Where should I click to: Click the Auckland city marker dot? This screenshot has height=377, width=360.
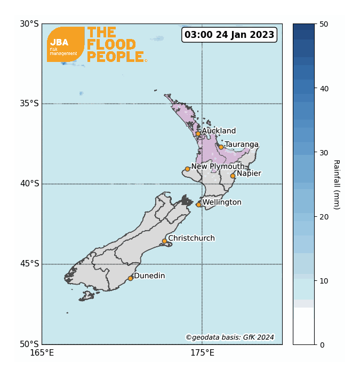point(198,133)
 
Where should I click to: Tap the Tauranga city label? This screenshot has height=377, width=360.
point(241,144)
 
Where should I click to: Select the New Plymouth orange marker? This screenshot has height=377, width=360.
point(187,169)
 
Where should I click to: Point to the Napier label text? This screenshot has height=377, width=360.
point(249,173)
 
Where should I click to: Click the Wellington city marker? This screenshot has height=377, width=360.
point(198,205)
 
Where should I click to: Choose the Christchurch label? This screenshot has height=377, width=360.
point(191,238)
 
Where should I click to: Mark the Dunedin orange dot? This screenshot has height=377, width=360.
point(130,278)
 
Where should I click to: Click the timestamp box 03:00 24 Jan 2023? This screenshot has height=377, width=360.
point(229,35)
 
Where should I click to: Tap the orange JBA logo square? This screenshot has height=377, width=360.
point(66,44)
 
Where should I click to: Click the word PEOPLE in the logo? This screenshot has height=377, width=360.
point(115,57)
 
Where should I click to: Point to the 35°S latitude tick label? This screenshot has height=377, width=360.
point(29,104)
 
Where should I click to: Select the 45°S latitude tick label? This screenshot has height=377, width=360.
point(29,264)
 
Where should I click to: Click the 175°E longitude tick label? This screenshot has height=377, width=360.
point(202,352)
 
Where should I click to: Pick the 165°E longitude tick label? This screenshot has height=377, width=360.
point(42,352)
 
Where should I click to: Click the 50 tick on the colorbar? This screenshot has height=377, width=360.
point(324,24)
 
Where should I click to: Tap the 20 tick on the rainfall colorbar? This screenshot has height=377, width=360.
point(324,216)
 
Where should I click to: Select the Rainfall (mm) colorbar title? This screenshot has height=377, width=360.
point(337,184)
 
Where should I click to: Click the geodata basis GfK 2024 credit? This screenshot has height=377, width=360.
point(230,337)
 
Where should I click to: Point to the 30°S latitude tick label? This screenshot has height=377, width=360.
point(29,23)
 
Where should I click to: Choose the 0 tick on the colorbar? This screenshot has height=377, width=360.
point(322,344)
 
